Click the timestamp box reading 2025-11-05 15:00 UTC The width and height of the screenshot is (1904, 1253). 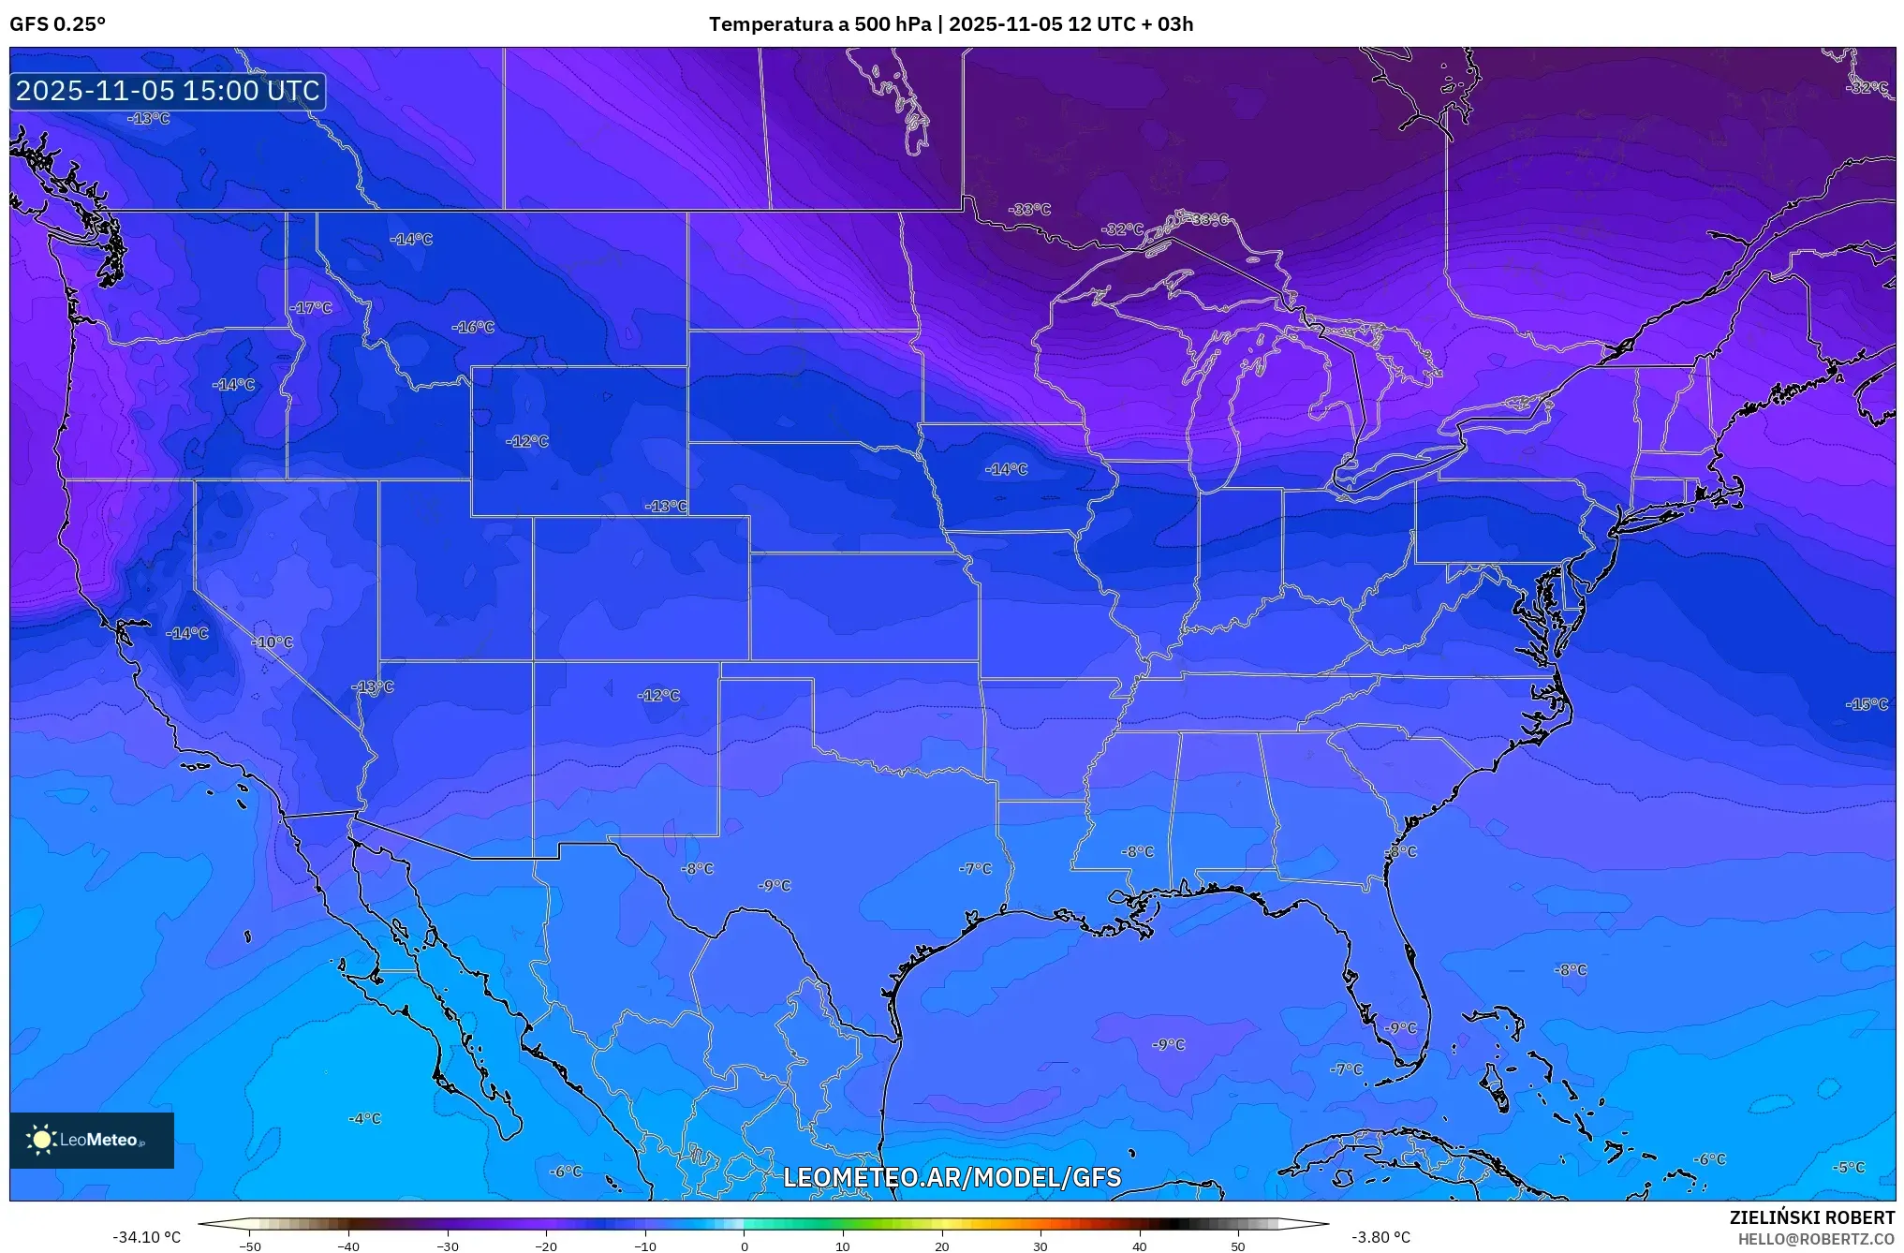click(x=168, y=91)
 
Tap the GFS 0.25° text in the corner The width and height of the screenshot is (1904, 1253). click(x=57, y=24)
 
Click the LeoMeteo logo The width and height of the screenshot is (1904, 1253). click(x=91, y=1140)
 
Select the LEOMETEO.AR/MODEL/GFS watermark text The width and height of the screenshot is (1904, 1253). click(x=952, y=1177)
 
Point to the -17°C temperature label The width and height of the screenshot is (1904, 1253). click(x=311, y=307)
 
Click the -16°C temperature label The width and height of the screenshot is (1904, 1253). click(x=473, y=327)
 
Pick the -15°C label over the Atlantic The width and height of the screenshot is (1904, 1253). click(x=1867, y=704)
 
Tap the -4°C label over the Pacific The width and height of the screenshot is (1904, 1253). click(x=364, y=1118)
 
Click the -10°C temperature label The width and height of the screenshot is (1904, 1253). click(x=273, y=642)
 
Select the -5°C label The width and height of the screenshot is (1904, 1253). click(x=1849, y=1168)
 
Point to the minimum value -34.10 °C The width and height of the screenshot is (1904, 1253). click(x=146, y=1237)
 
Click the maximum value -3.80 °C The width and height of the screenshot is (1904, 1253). click(x=1380, y=1237)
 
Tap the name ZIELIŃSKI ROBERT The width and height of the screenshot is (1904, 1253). click(x=1811, y=1217)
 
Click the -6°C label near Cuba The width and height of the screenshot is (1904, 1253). click(x=1709, y=1159)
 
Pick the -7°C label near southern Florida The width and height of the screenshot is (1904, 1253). click(x=1347, y=1069)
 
